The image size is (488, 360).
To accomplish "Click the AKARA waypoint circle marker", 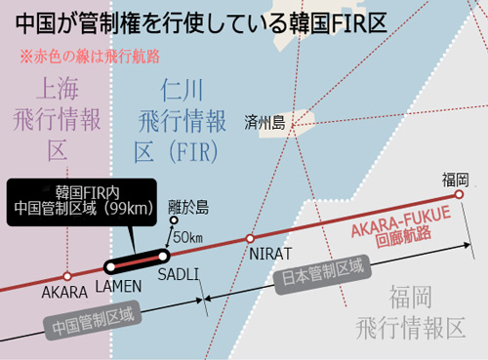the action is pyautogui.click(x=67, y=276).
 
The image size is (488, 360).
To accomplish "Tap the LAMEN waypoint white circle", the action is pyautogui.click(x=111, y=267).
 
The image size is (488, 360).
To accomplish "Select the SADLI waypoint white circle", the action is pyautogui.click(x=163, y=257).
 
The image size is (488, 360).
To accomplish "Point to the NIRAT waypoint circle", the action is pyautogui.click(x=250, y=239).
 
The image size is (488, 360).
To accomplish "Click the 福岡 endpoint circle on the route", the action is pyautogui.click(x=459, y=194).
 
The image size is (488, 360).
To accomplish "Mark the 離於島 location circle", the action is pyautogui.click(x=174, y=220).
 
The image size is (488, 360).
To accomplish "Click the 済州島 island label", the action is pyautogui.click(x=264, y=123).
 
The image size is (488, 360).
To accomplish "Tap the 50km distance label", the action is pyautogui.click(x=187, y=237).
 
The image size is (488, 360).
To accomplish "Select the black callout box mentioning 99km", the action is pyautogui.click(x=82, y=202).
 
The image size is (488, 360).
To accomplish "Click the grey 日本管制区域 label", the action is pyautogui.click(x=322, y=274).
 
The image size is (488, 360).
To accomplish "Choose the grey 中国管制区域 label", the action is pyautogui.click(x=93, y=320).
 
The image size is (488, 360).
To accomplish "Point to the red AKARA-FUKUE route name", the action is pyautogui.click(x=402, y=222).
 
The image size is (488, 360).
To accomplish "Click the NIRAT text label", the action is pyautogui.click(x=270, y=255).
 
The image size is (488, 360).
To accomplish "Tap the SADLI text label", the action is pyautogui.click(x=179, y=275).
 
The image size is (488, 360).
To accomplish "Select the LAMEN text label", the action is pyautogui.click(x=119, y=287).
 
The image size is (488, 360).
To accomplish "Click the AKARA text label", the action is pyautogui.click(x=64, y=293).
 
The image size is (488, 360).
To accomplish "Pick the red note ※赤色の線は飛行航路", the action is pyautogui.click(x=90, y=57).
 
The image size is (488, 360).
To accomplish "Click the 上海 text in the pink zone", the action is pyautogui.click(x=58, y=89).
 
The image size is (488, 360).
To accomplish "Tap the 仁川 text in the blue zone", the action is pyautogui.click(x=182, y=90).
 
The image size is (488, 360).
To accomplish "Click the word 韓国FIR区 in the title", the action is pyautogui.click(x=338, y=23).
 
